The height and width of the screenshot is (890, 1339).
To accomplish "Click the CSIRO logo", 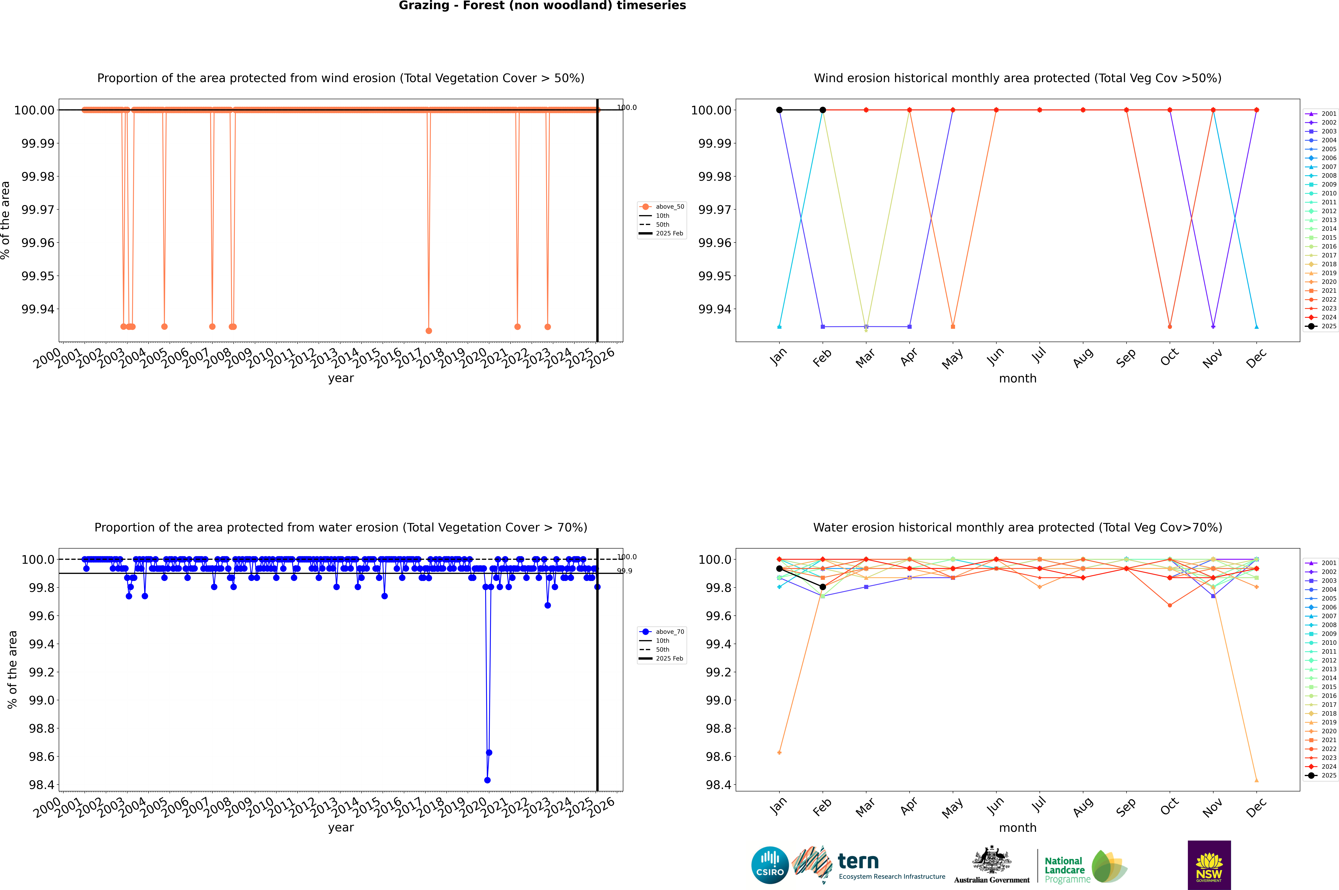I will tap(770, 865).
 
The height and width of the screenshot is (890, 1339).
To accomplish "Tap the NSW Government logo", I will tap(1209, 865).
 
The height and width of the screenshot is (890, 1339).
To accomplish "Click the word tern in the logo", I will tap(858, 862).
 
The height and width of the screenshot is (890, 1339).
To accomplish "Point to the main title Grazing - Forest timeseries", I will tap(542, 6).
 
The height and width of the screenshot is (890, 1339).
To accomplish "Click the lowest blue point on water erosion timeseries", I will tap(487, 780).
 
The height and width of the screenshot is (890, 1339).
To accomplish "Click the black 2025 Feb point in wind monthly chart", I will tap(822, 110).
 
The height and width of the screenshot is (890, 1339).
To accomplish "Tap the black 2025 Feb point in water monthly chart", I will tap(822, 587).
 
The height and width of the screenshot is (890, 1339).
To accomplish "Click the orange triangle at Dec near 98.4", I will tap(1256, 780).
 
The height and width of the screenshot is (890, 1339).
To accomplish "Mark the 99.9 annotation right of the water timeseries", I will tap(624, 571).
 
